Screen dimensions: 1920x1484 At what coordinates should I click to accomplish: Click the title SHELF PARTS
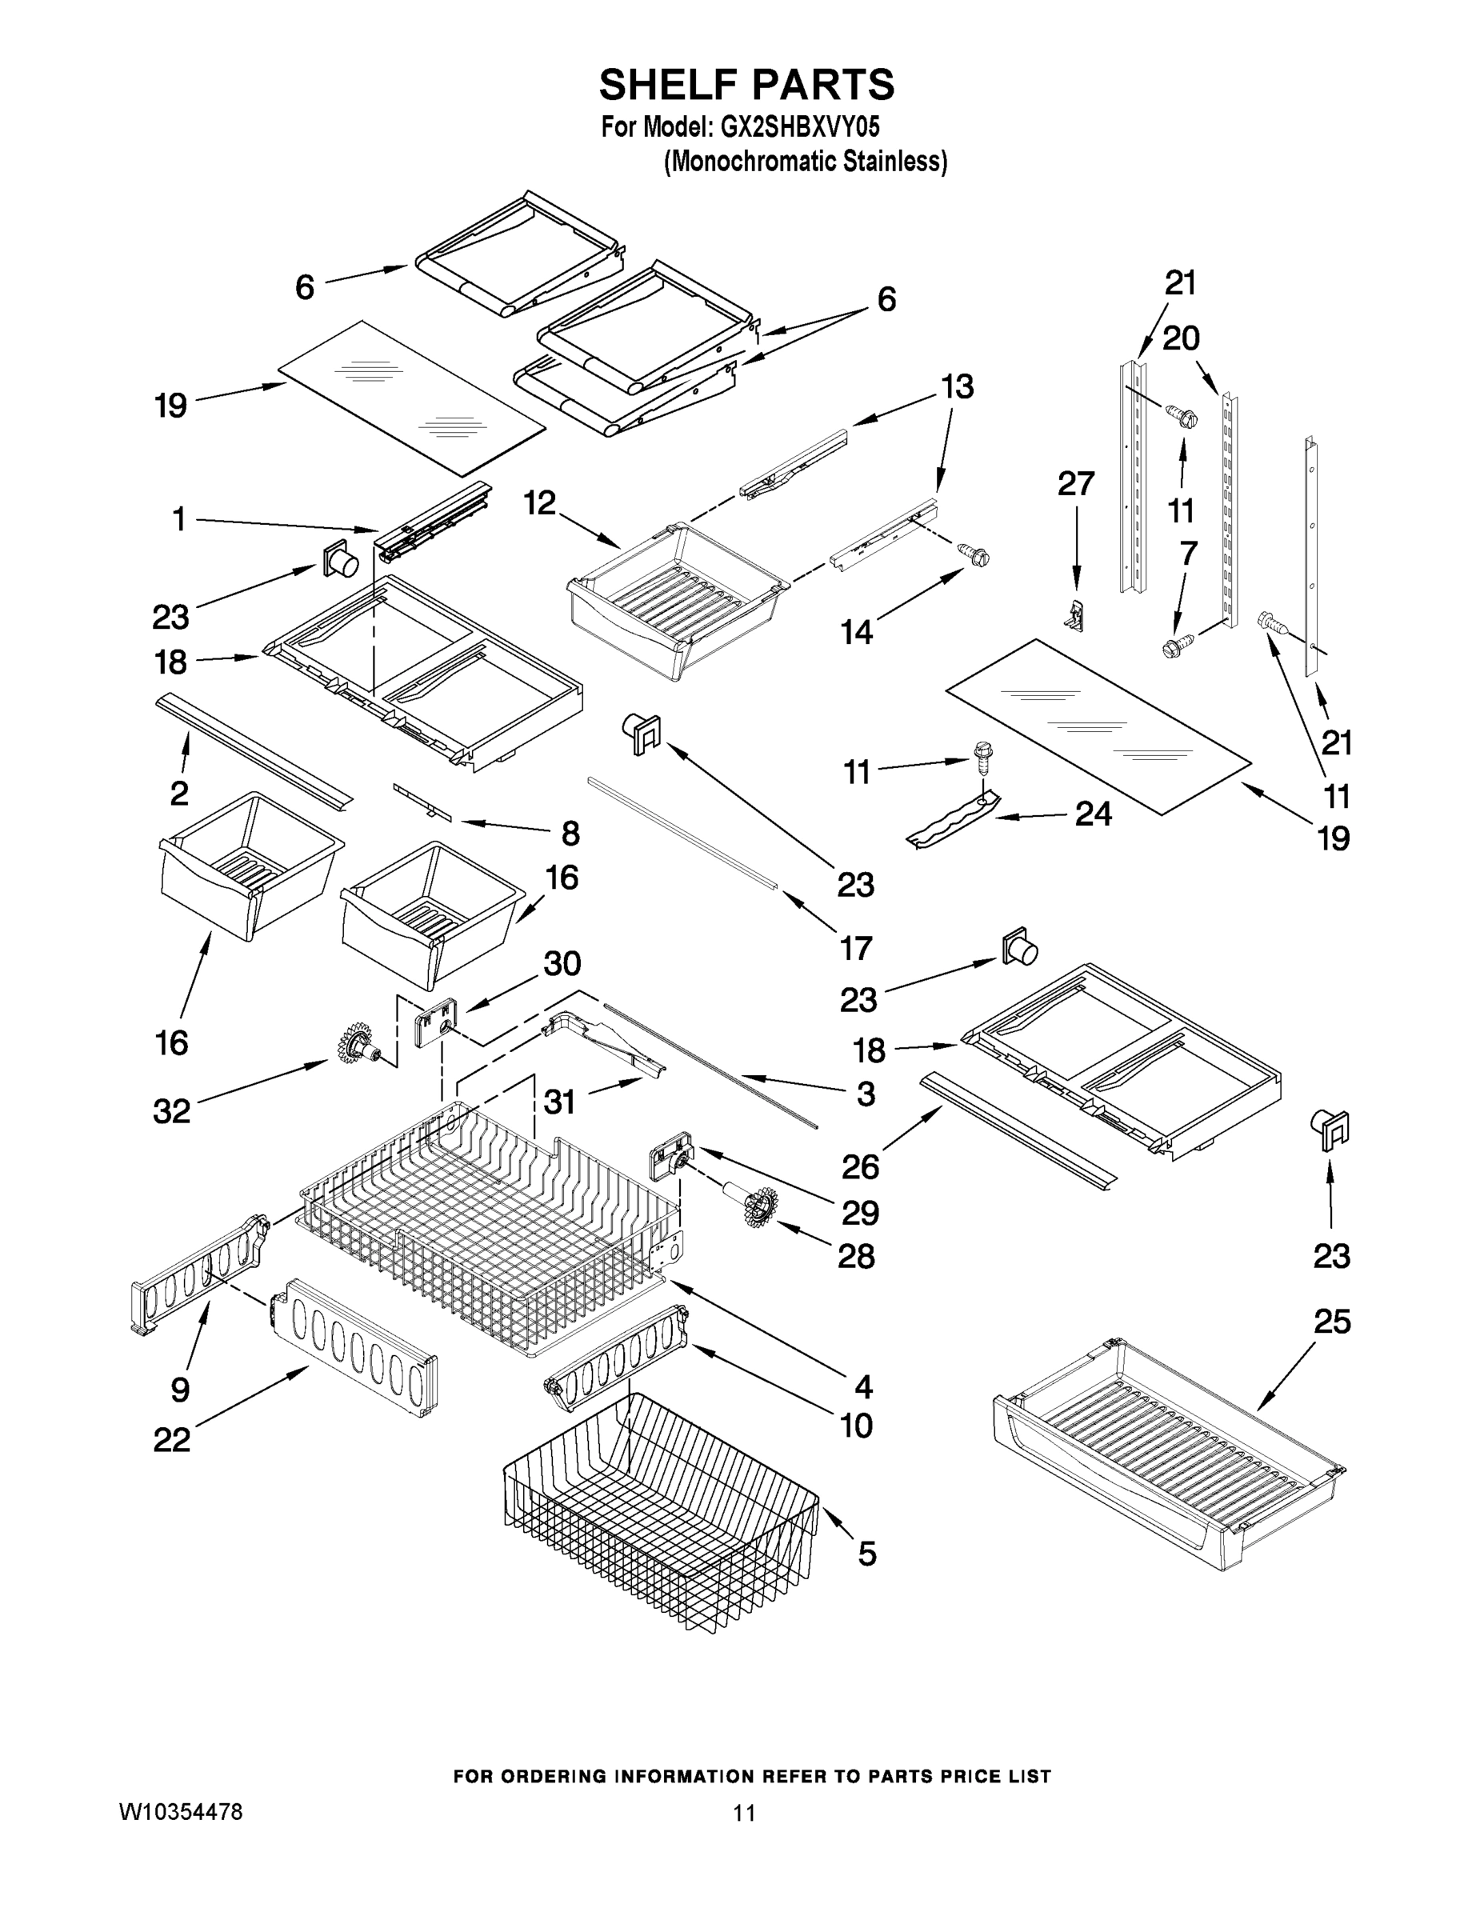point(746,86)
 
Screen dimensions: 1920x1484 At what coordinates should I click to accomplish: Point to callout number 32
point(171,1111)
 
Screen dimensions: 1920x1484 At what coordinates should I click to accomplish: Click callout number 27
point(1076,484)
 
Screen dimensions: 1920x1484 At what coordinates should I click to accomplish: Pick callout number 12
point(540,503)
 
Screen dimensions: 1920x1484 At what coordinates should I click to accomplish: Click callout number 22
point(171,1440)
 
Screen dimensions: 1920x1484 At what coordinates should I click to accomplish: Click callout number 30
point(562,963)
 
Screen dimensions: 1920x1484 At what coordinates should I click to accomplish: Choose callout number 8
point(570,833)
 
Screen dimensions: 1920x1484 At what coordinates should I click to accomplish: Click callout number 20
point(1181,338)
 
